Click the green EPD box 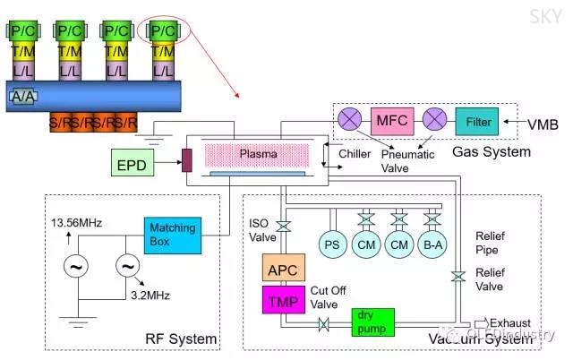pos(132,165)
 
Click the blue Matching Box pos(172,235)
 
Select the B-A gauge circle pos(433,244)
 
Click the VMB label pos(540,120)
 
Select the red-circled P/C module pos(164,30)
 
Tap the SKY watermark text pos(545,16)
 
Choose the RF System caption pos(181,339)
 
